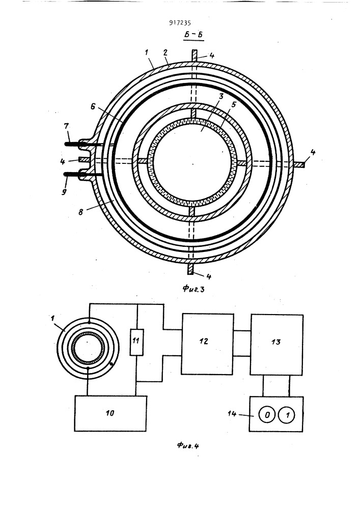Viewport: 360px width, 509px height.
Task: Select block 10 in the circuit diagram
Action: [110, 413]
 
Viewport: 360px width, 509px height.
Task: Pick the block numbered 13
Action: [276, 343]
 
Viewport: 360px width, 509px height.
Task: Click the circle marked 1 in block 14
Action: [288, 415]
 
